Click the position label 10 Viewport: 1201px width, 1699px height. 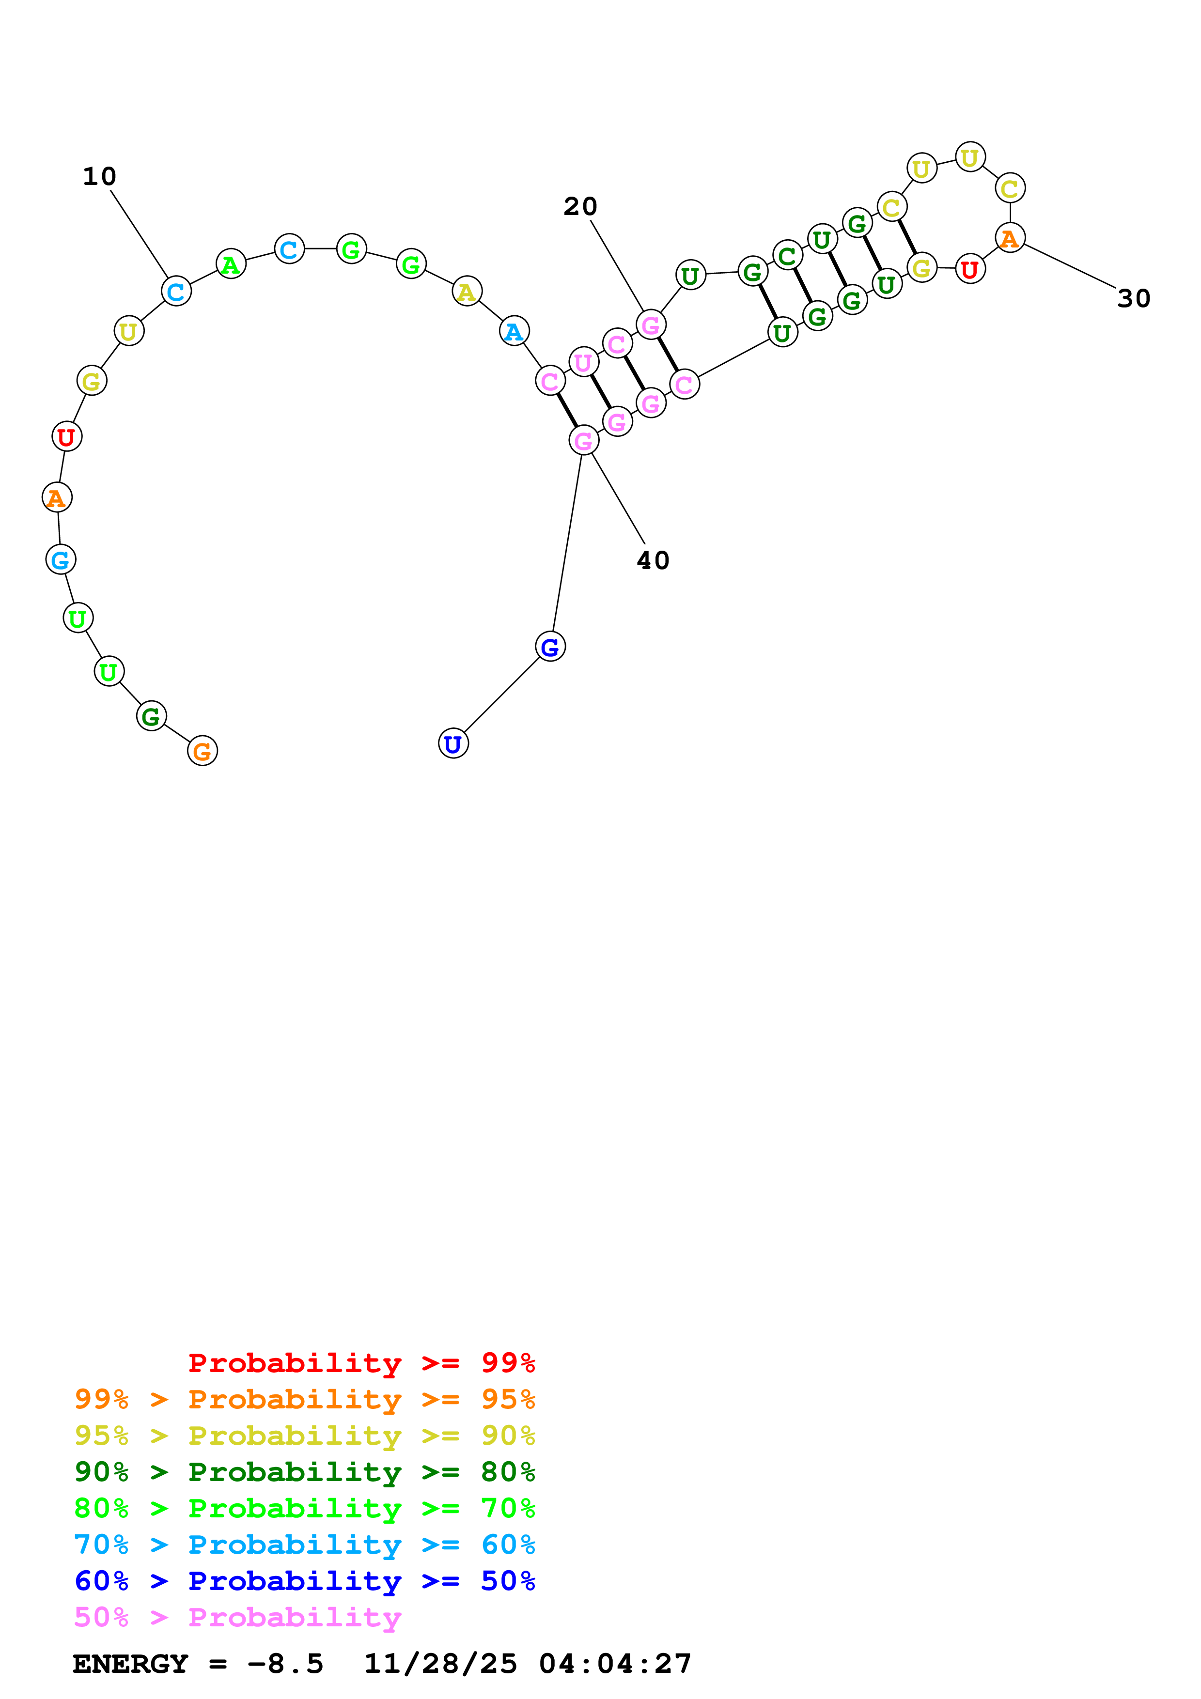[x=99, y=177]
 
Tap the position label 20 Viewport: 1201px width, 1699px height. [x=579, y=206]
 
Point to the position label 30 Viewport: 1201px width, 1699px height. [x=1133, y=299]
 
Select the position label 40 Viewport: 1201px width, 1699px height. [x=653, y=560]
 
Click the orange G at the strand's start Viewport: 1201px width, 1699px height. [x=202, y=751]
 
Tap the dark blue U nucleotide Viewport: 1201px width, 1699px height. [x=453, y=744]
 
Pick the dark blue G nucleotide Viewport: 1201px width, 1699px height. [x=550, y=647]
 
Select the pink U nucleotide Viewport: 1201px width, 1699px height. [x=583, y=362]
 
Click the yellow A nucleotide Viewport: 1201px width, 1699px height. [x=466, y=292]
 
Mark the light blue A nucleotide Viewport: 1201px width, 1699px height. [x=514, y=331]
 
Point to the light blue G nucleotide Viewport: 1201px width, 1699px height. [x=60, y=559]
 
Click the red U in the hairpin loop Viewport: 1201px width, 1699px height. [x=969, y=269]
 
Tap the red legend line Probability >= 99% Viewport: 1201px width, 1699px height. [x=361, y=1363]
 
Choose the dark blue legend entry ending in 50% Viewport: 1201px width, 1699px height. [x=304, y=1581]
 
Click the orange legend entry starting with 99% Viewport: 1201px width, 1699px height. [x=304, y=1399]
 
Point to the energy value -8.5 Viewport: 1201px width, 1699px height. [x=285, y=1664]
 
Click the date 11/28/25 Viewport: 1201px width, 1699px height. [x=440, y=1664]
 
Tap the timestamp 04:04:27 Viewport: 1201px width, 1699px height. [x=615, y=1664]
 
